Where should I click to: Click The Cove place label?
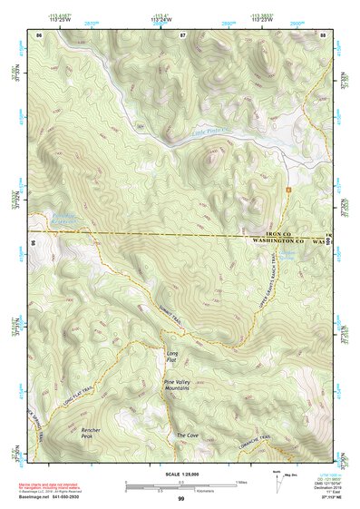[187, 436]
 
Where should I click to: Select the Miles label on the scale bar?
[241, 482]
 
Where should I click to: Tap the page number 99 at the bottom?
[180, 499]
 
